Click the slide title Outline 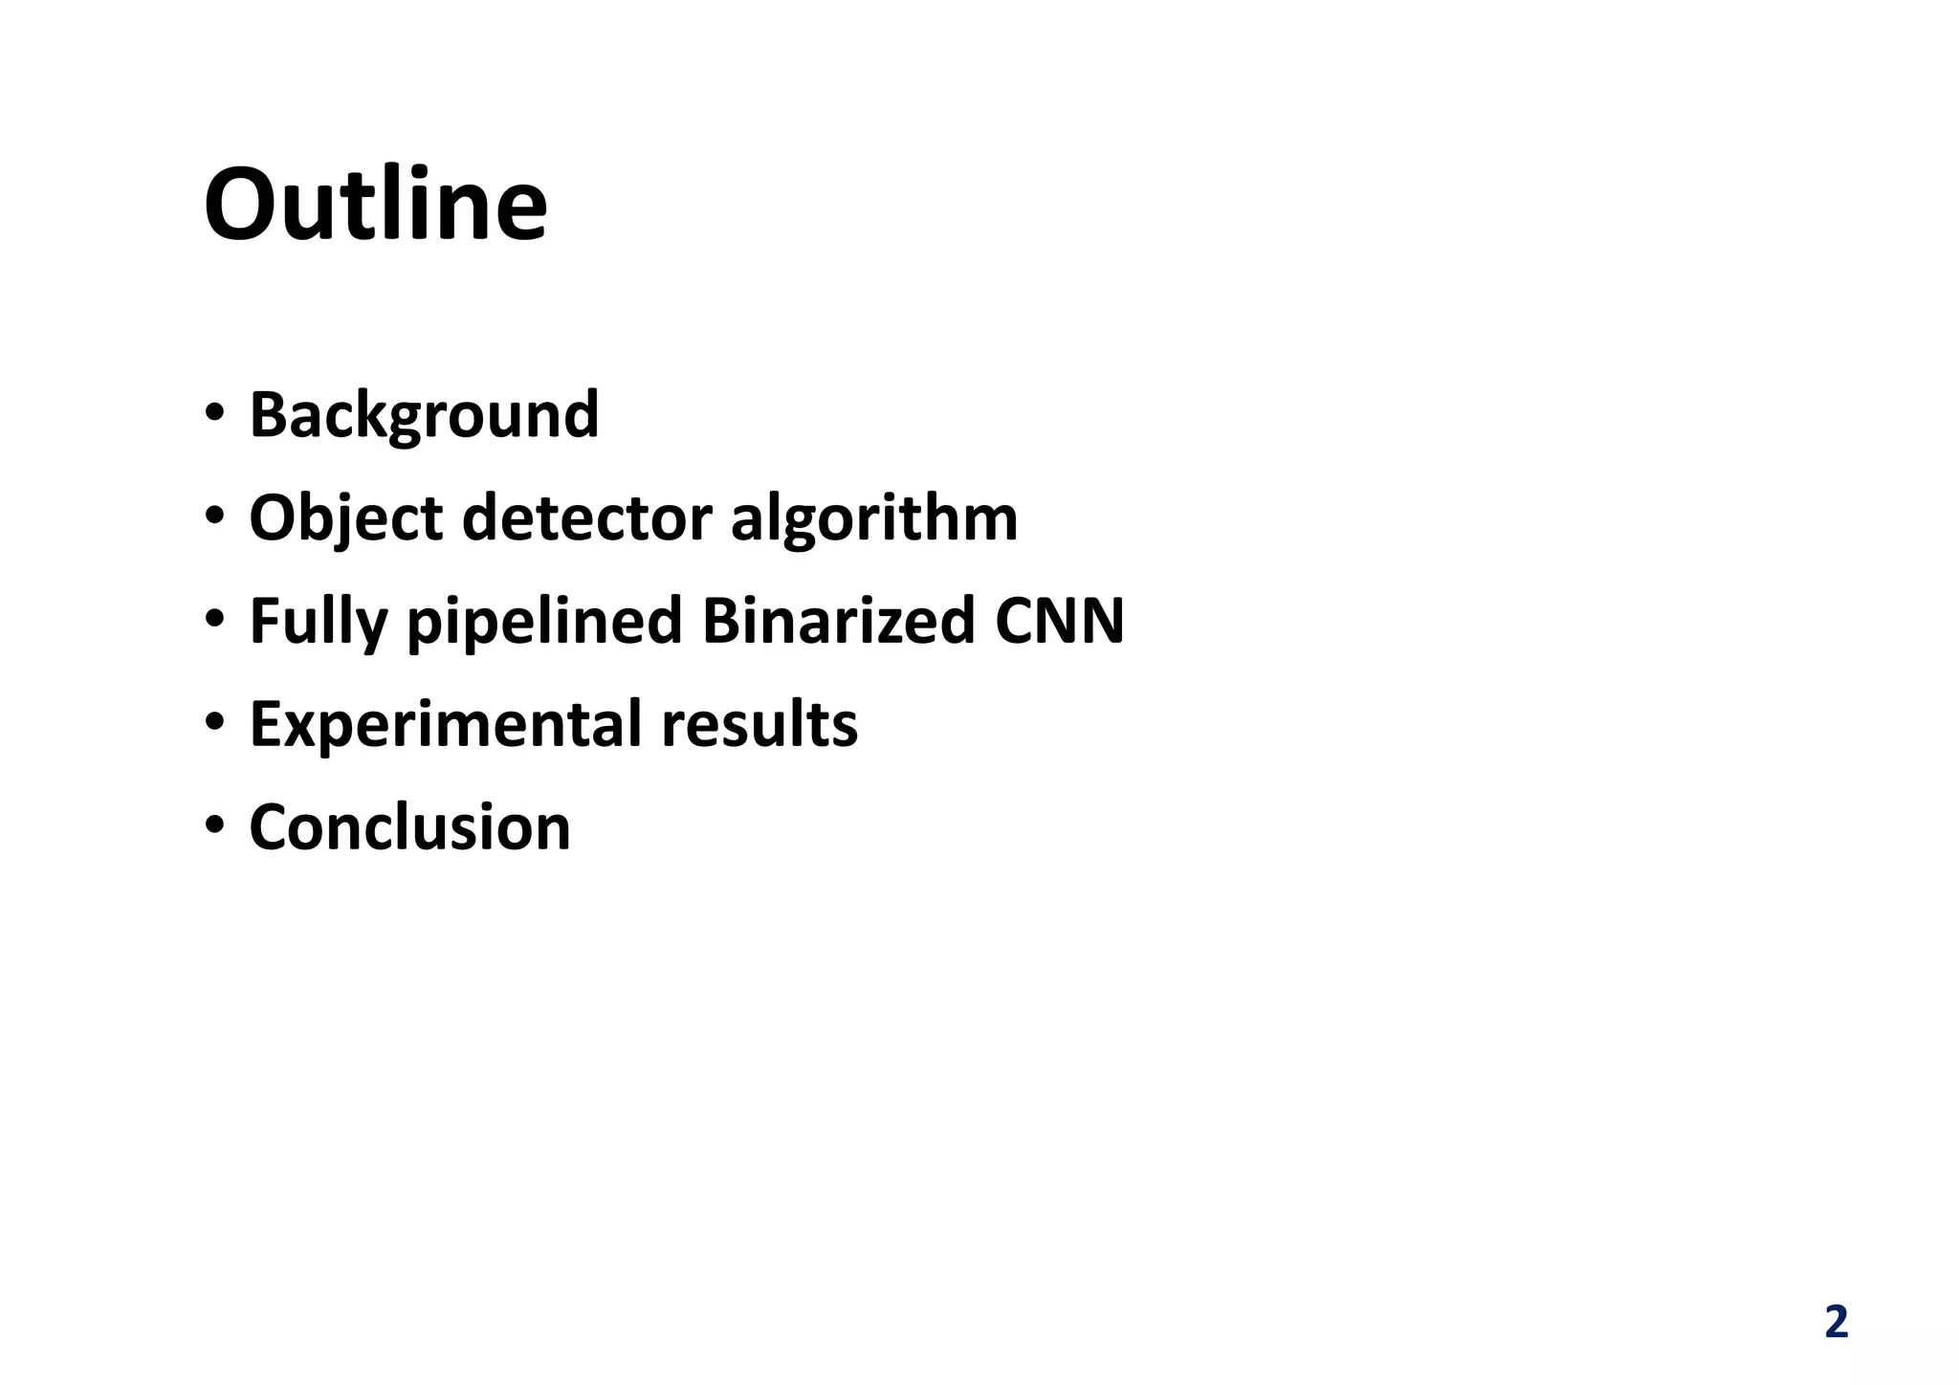tap(376, 206)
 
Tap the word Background tap(424, 415)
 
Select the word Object tap(345, 518)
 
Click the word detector tap(586, 518)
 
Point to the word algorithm tap(874, 518)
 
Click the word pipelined tap(544, 622)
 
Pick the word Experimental tap(445, 725)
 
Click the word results tap(759, 724)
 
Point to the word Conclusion tap(409, 827)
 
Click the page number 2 tap(1836, 1323)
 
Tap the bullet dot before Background tap(214, 413)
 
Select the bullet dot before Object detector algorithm tap(214, 517)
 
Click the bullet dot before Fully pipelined tap(214, 620)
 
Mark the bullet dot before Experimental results tap(214, 722)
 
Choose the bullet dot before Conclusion tap(214, 825)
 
